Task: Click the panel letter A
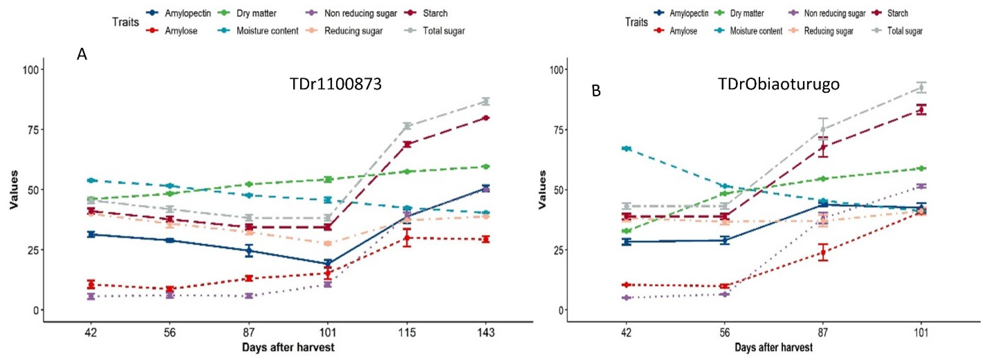[82, 55]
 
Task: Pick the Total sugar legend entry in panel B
[905, 31]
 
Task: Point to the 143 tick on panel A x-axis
[486, 332]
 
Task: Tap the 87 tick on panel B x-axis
[823, 332]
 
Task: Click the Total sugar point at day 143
[486, 101]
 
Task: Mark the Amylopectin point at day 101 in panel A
[328, 263]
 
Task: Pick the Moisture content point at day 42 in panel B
[626, 148]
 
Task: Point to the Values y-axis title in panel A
[14, 190]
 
